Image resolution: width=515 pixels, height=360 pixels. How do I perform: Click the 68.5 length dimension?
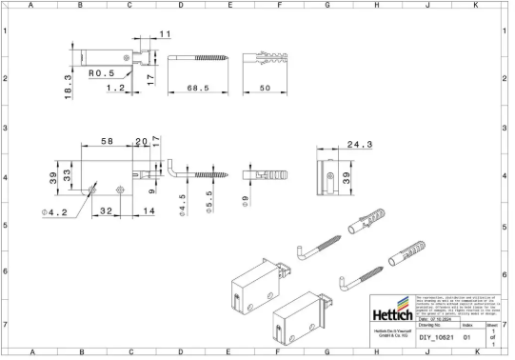(197, 88)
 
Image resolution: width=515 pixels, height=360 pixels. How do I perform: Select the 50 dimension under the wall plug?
(264, 88)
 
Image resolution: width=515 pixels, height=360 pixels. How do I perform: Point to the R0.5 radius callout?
(101, 72)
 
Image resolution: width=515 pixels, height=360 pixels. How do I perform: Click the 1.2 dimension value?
(115, 88)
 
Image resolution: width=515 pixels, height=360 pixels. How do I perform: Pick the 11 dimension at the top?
(165, 34)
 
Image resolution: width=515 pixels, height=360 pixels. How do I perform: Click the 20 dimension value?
(141, 141)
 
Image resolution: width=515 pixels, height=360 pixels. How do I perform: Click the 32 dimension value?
(107, 211)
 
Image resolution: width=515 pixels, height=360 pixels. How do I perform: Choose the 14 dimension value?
(149, 211)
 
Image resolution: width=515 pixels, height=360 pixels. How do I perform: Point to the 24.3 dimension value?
(358, 146)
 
